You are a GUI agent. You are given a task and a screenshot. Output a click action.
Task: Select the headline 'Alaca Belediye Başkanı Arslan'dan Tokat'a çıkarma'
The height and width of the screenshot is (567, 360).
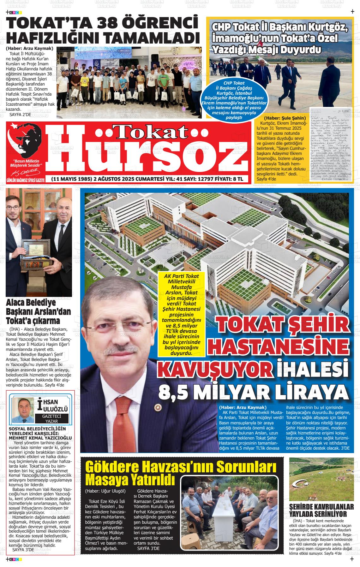pos(38,312)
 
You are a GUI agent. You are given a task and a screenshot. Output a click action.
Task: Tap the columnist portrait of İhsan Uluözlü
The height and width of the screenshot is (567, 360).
pos(23,410)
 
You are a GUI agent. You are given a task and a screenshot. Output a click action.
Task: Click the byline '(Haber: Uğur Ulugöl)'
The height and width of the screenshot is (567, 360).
pos(105,491)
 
